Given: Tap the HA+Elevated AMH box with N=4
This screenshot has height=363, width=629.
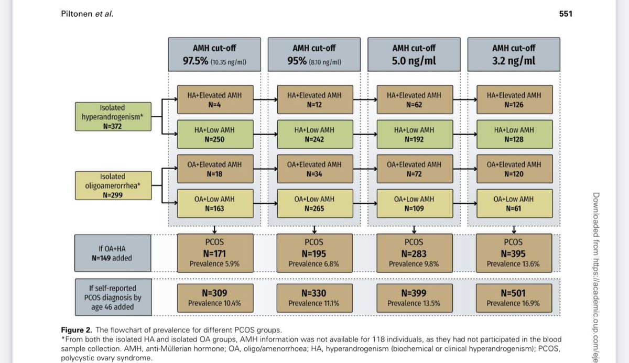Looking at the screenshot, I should pyautogui.click(x=214, y=100).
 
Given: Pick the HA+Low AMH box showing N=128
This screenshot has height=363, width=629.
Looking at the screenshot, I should pyautogui.click(x=514, y=135).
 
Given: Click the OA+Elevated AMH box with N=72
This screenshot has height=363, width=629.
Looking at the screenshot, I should pyautogui.click(x=414, y=169).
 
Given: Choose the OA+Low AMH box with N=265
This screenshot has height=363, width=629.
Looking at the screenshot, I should pyautogui.click(x=314, y=203).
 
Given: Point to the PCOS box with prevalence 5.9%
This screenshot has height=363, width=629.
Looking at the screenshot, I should pyautogui.click(x=214, y=254).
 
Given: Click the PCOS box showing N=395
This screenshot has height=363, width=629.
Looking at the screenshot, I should pyautogui.click(x=514, y=254).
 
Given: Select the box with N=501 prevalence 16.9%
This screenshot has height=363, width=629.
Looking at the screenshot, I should pyautogui.click(x=514, y=298).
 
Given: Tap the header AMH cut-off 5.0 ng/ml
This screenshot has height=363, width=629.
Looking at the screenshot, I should pyautogui.click(x=414, y=54).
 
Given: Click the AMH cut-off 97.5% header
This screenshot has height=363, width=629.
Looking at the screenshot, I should pyautogui.click(x=214, y=54).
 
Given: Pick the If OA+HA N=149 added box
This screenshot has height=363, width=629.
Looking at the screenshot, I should pyautogui.click(x=111, y=253).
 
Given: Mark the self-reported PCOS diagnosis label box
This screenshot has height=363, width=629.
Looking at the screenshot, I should pyautogui.click(x=111, y=297).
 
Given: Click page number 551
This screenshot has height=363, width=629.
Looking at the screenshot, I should pyautogui.click(x=566, y=14).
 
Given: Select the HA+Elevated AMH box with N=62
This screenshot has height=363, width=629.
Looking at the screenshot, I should pyautogui.click(x=414, y=100).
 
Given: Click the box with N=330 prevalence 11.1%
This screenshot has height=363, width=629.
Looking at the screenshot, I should pyautogui.click(x=314, y=298).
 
